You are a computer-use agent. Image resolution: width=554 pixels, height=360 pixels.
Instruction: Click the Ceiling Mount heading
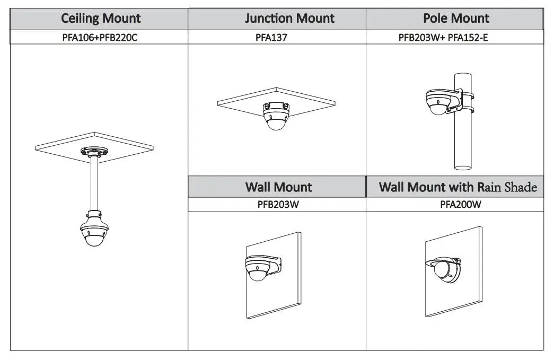coord(101,19)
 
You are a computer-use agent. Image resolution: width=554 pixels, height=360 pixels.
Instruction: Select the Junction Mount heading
coord(289,19)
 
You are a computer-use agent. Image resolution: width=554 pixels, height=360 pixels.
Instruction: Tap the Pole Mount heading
coord(456,19)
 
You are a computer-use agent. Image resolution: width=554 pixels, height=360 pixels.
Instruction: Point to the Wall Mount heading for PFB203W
coord(278,187)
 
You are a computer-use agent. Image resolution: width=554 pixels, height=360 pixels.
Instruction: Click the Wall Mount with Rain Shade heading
coord(458,187)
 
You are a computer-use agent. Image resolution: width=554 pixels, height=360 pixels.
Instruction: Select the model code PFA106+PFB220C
coord(100,38)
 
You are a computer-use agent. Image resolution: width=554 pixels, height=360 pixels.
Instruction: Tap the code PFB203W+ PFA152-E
coord(454,38)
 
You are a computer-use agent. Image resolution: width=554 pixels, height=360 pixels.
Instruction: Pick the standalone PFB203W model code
coord(277,205)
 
